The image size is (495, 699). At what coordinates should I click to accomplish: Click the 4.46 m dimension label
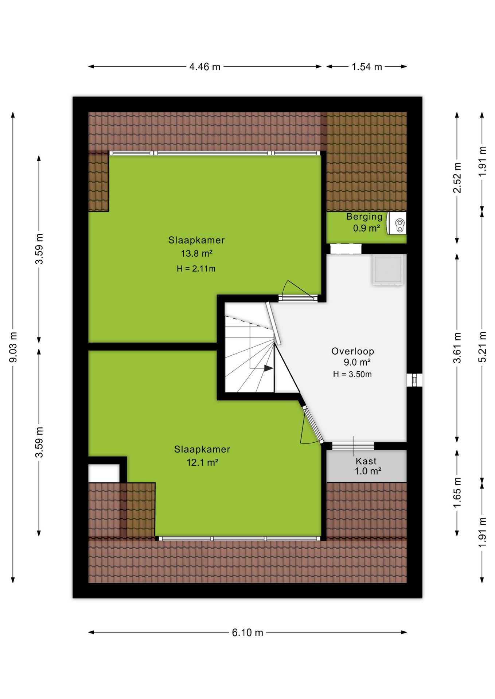pyautogui.click(x=204, y=67)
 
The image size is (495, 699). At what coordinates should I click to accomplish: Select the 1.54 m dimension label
pyautogui.click(x=367, y=67)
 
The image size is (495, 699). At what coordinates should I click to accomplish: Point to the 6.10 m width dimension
pyautogui.click(x=247, y=632)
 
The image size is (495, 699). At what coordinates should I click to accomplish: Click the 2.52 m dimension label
pyautogui.click(x=457, y=178)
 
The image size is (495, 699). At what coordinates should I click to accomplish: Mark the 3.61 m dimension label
pyautogui.click(x=457, y=348)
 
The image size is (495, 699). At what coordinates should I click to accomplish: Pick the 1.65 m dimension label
pyautogui.click(x=457, y=493)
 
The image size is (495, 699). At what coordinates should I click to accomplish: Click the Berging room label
pyautogui.click(x=365, y=217)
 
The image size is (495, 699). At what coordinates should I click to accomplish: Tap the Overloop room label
pyautogui.click(x=352, y=351)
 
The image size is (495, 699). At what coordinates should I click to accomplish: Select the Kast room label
pyautogui.click(x=366, y=461)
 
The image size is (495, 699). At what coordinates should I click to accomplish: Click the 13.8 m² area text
pyautogui.click(x=197, y=253)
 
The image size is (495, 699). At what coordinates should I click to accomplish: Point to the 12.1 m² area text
pyautogui.click(x=202, y=463)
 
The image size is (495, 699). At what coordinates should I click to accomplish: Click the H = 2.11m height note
pyautogui.click(x=196, y=269)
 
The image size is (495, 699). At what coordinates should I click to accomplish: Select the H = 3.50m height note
pyautogui.click(x=352, y=374)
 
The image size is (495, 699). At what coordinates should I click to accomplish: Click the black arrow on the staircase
pyautogui.click(x=269, y=368)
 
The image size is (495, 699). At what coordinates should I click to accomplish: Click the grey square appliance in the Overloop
pyautogui.click(x=388, y=270)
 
